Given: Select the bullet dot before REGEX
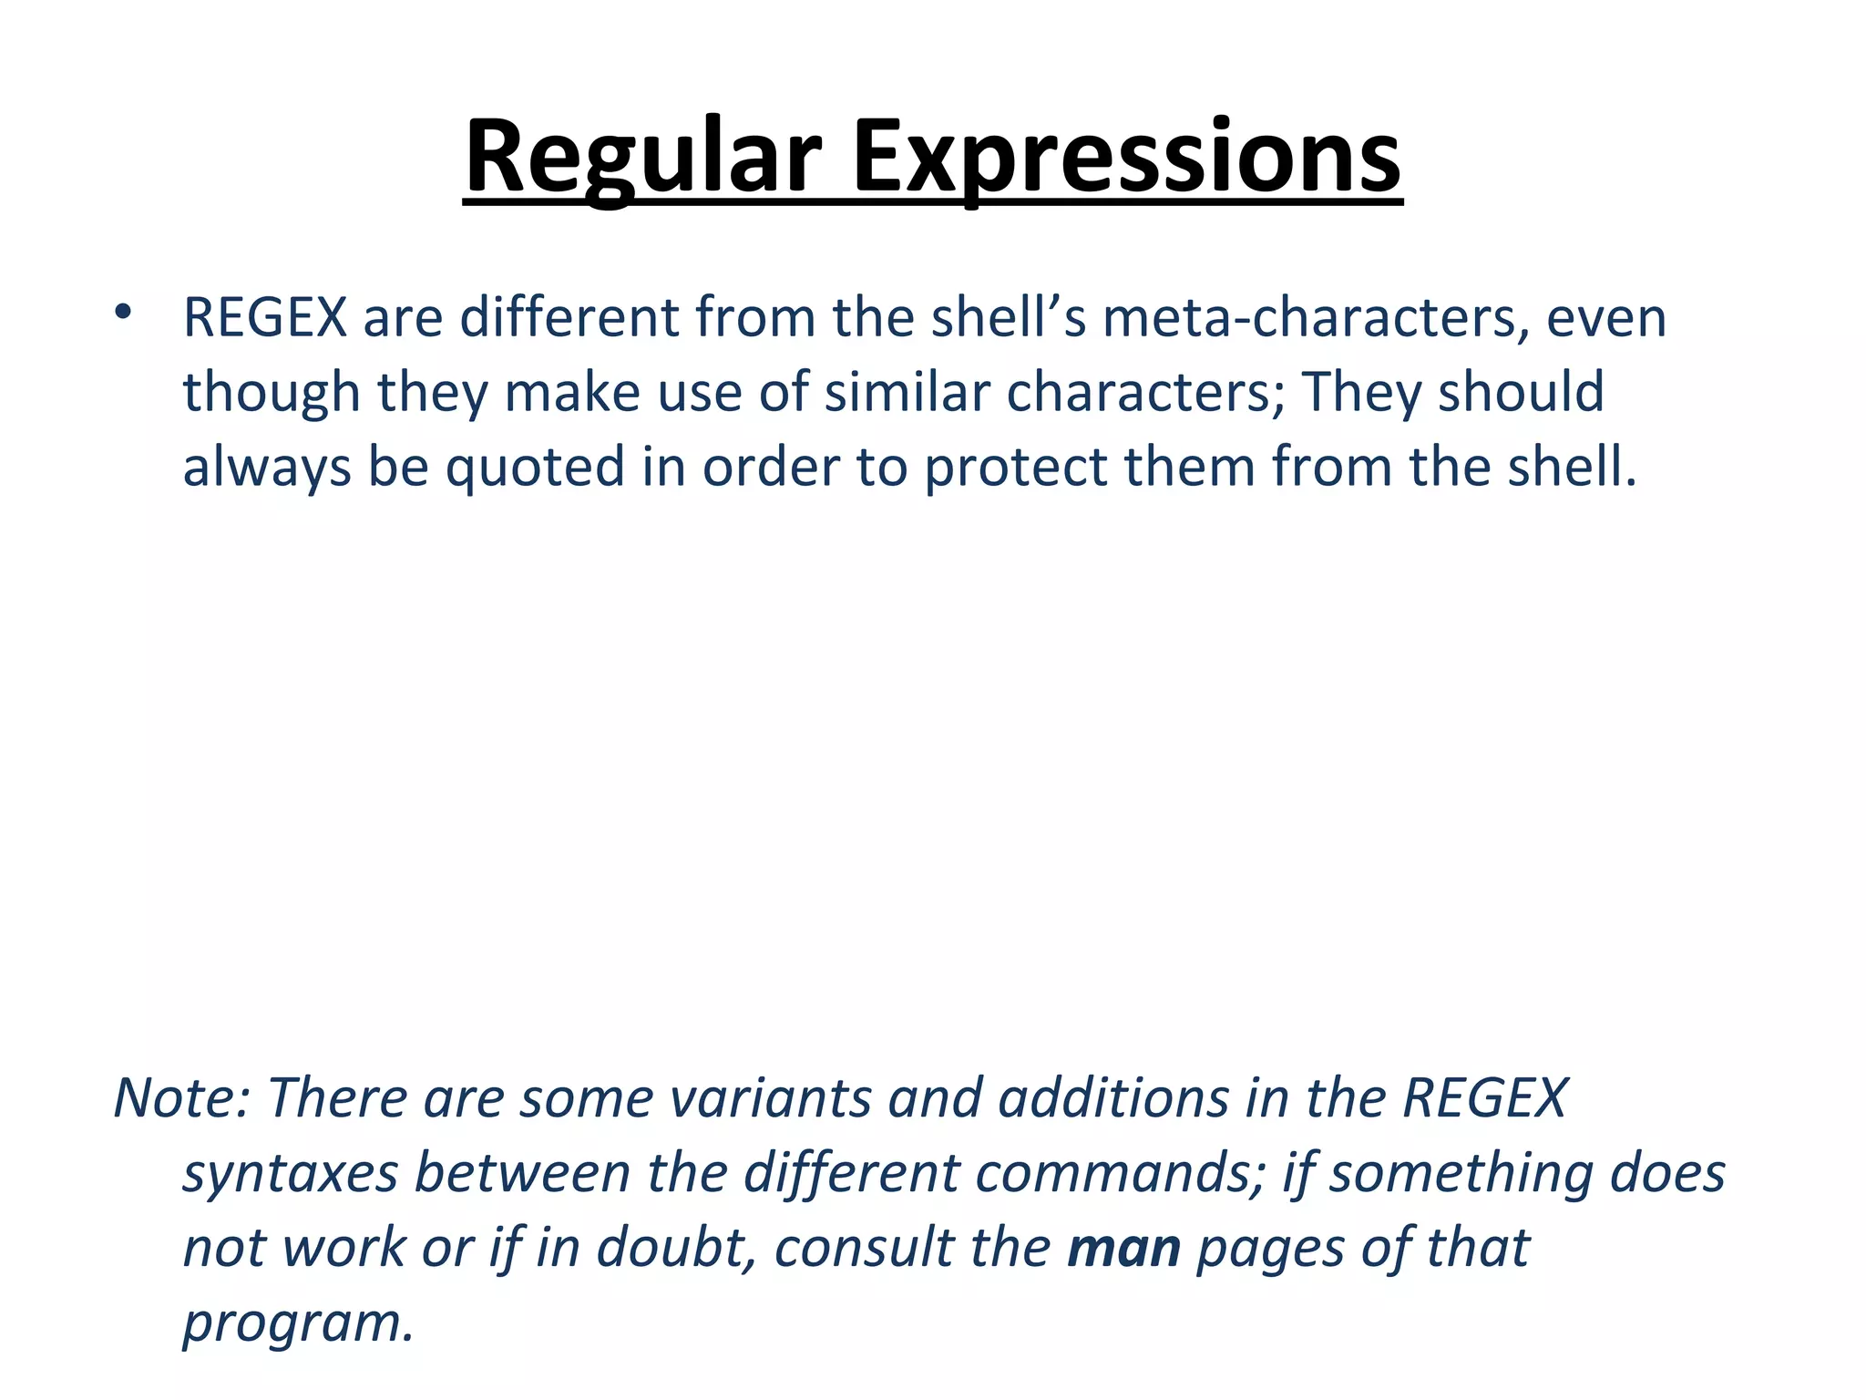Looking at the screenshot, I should point(123,313).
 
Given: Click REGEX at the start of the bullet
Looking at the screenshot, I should point(265,318).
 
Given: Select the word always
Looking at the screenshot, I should point(267,468).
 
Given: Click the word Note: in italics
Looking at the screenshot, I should point(181,1097).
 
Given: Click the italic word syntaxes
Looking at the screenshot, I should point(291,1173).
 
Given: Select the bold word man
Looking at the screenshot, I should point(1123,1249).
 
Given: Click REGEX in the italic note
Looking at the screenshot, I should point(1484,1097).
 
